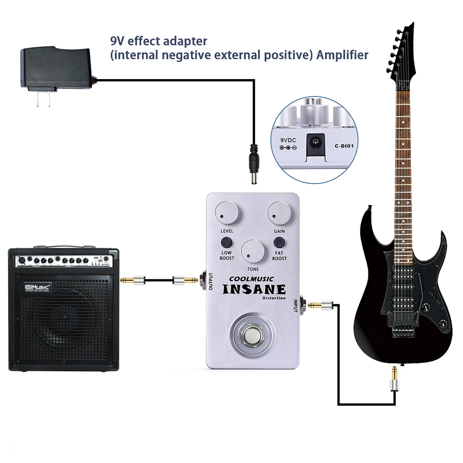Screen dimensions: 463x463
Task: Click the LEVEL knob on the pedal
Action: coord(229,213)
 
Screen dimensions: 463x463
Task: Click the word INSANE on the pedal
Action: coord(254,290)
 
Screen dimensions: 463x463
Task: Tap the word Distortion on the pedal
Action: coord(274,298)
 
